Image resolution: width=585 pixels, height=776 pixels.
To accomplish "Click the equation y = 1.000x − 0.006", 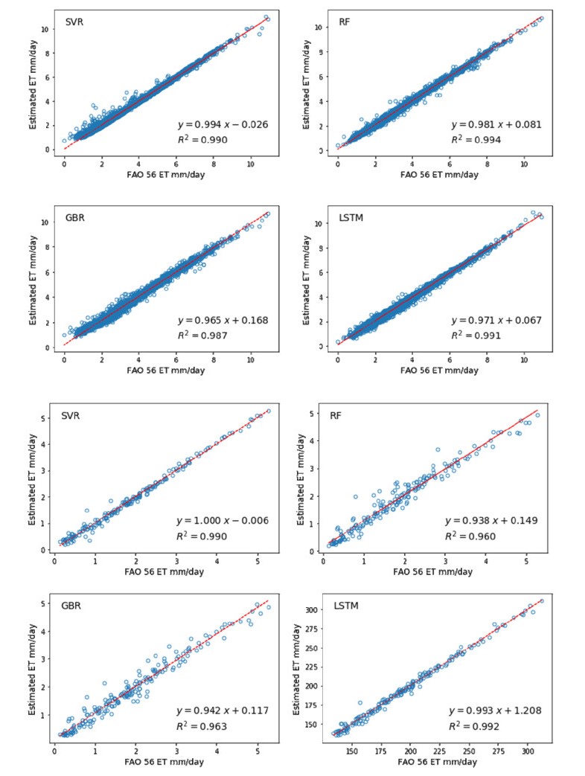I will (222, 520).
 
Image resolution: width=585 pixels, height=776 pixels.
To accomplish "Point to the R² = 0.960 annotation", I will (472, 536).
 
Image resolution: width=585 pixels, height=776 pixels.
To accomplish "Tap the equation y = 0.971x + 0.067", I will (496, 321).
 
